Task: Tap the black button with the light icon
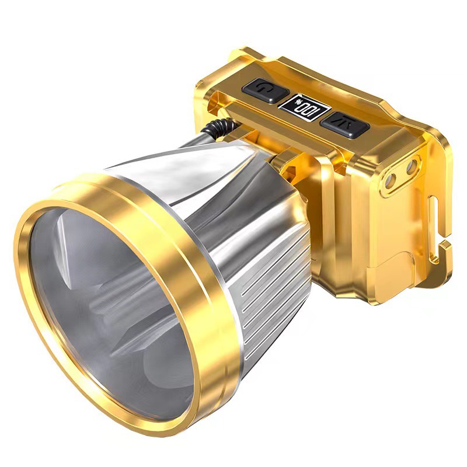pos(344,125)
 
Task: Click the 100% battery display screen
pos(304,108)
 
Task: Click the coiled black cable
pos(219,127)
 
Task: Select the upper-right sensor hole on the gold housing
pos(412,168)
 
